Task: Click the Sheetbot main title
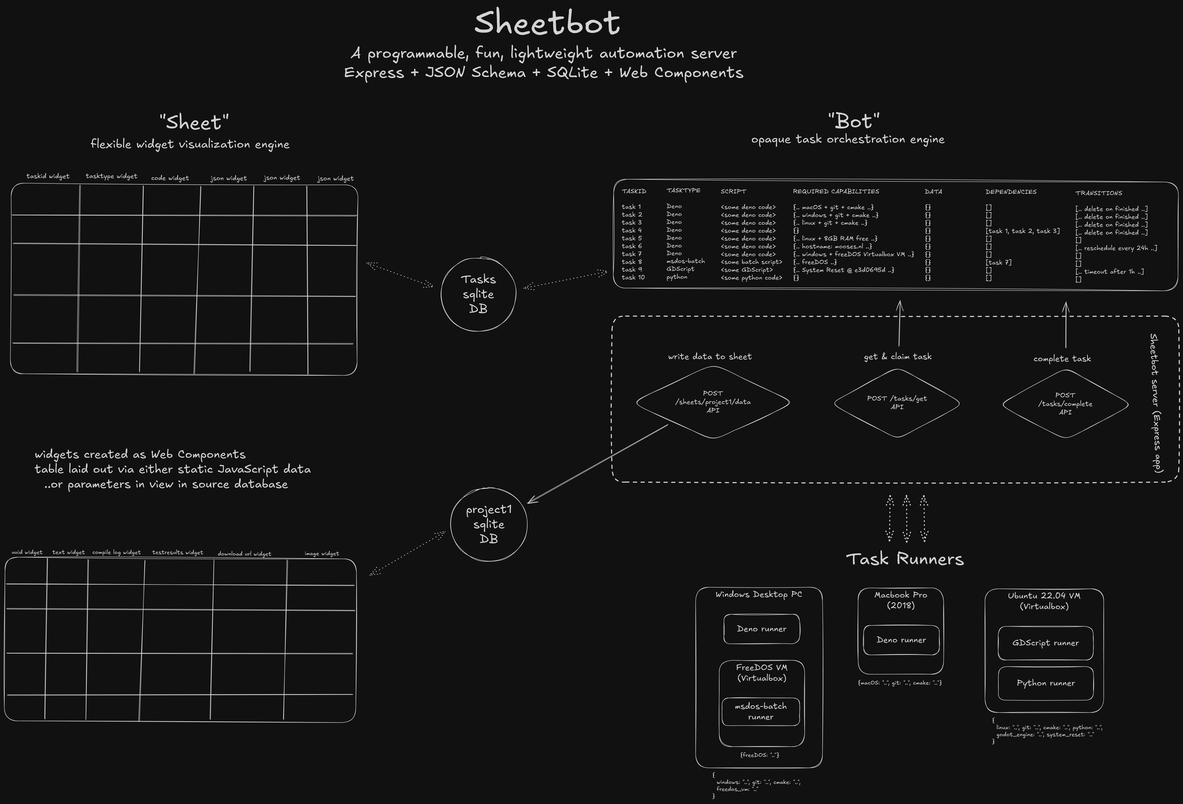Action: (547, 23)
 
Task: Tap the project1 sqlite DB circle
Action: (489, 524)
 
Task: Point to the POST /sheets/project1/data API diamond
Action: (713, 402)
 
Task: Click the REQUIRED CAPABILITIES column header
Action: (836, 191)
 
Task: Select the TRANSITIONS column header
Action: (1099, 193)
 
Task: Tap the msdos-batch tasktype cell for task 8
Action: (685, 261)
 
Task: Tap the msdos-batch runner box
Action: (760, 711)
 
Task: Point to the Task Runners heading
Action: (904, 559)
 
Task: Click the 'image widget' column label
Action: (321, 554)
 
